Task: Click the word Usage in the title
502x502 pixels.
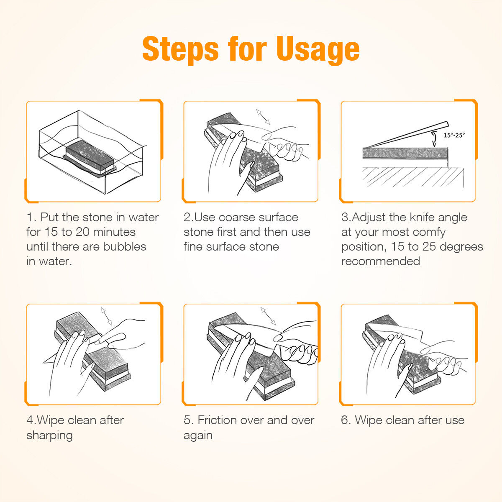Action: [318, 49]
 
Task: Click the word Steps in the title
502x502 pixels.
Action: [181, 49]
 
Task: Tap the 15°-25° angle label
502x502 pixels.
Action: [454, 135]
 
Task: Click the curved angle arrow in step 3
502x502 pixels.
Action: [434, 139]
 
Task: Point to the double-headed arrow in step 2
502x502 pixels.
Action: [263, 117]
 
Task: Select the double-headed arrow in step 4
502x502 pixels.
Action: [107, 316]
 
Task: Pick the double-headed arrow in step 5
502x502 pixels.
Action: [268, 316]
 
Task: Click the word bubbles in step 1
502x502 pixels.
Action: [125, 247]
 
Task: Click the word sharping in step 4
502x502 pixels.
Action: [49, 436]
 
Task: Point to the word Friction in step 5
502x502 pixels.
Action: [217, 420]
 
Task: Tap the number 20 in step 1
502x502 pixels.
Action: [82, 232]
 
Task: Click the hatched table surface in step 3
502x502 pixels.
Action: [413, 177]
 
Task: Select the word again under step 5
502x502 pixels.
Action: [198, 436]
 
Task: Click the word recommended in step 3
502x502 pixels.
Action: [381, 261]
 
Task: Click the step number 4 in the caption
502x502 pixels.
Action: [30, 420]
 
